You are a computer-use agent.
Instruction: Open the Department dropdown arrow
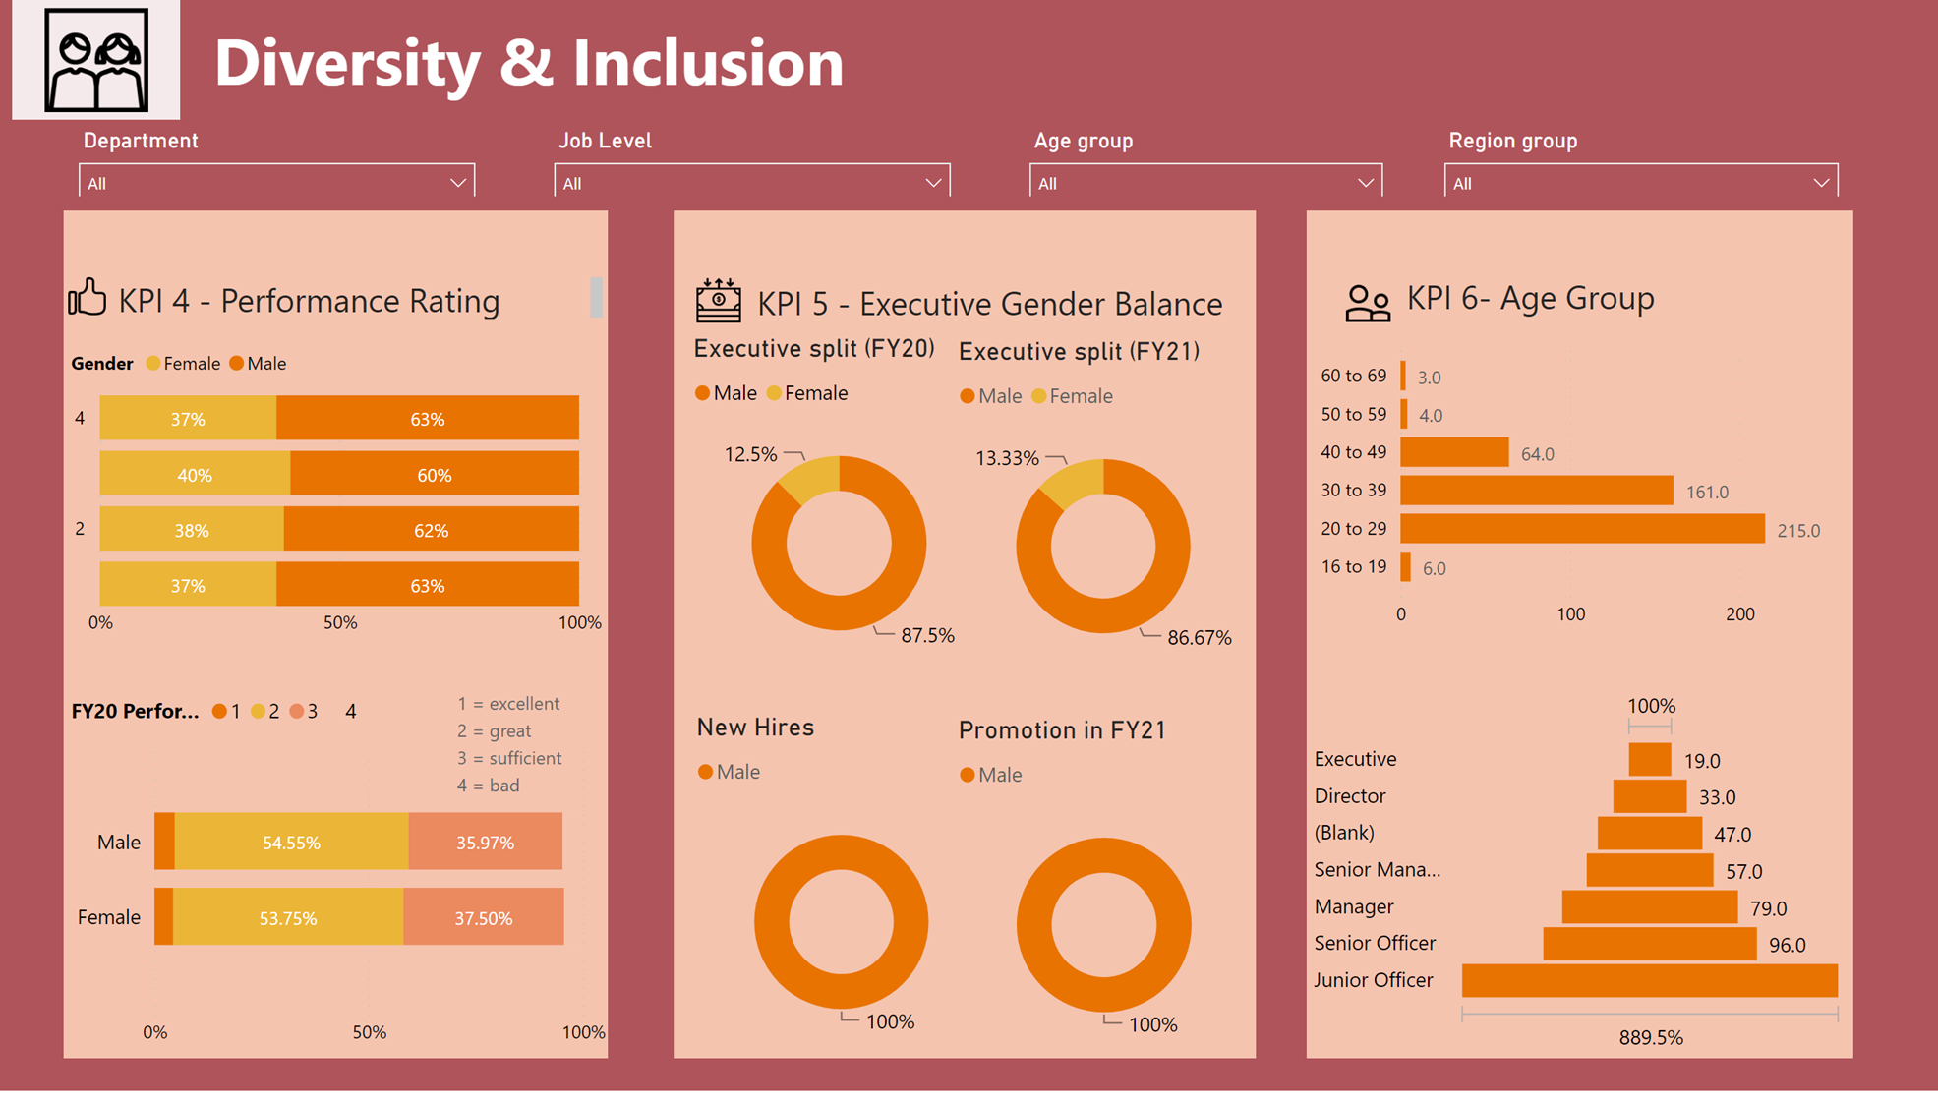457,183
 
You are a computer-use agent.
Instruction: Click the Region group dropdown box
1639,183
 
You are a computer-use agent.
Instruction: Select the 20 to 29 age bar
1581,529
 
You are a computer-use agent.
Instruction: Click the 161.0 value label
1706,493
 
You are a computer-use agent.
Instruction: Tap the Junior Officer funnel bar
1649,980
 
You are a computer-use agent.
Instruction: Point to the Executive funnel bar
1649,759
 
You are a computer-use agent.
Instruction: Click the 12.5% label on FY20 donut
750,454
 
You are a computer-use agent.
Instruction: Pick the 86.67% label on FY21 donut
1199,638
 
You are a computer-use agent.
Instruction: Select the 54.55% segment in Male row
291,843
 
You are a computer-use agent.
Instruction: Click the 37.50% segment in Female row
483,918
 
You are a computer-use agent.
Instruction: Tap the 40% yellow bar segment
195,475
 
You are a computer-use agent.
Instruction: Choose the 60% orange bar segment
434,475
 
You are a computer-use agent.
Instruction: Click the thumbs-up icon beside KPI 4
88,297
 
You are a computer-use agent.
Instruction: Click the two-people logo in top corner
96,60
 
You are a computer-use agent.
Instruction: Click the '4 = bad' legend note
488,786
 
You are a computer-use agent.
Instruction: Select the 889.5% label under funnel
1650,1038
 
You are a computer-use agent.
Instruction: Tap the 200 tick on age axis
1739,614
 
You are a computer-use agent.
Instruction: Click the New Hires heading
755,728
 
